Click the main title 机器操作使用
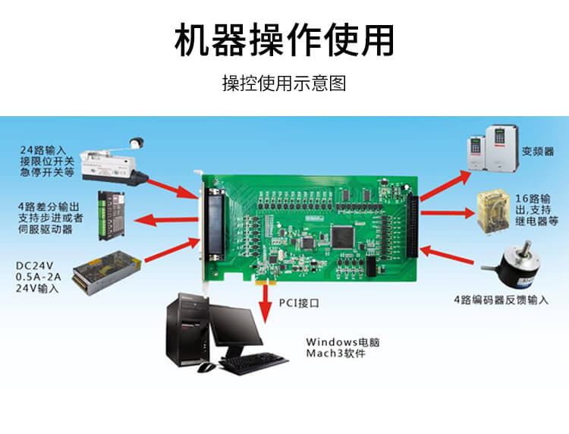coord(284,40)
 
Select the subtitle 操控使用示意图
coord(284,83)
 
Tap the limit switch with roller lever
coord(114,162)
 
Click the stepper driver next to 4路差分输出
coord(112,215)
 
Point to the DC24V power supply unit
coord(107,272)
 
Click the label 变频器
coord(538,151)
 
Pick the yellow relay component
coord(492,212)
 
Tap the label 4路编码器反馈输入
coord(501,300)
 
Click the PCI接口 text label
coord(299,303)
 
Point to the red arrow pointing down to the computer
coord(266,303)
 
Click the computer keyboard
coord(253,363)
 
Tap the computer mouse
coord(206,367)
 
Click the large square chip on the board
coord(342,237)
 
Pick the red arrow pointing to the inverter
coord(445,185)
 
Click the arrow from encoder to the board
coord(446,254)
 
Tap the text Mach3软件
coord(335,354)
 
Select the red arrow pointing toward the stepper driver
coord(166,220)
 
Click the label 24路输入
coord(43,150)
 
